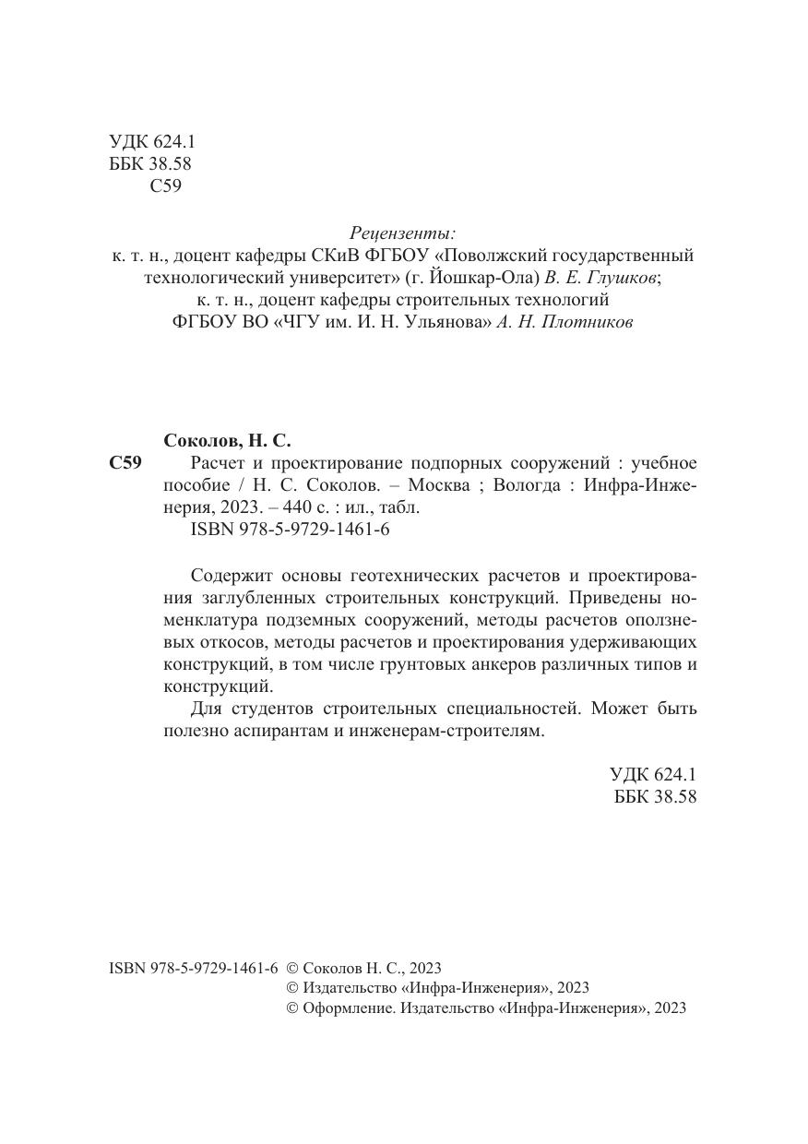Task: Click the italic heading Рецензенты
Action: [403, 232]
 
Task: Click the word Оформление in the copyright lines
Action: [348, 1008]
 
